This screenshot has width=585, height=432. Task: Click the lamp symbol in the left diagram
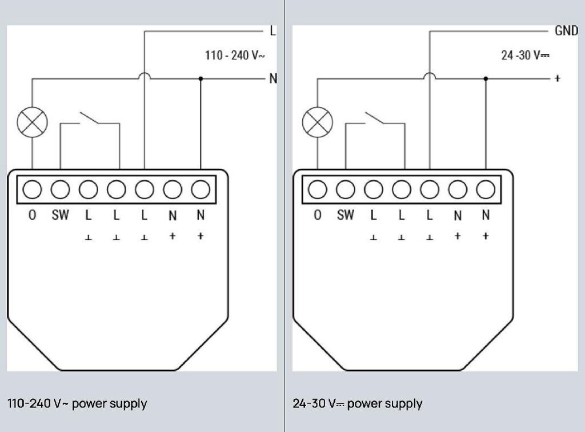coord(32,121)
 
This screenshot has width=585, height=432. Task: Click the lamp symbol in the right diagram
coord(317,121)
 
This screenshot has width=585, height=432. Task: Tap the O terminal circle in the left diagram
coord(32,189)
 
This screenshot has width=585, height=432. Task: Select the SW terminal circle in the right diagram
coord(345,189)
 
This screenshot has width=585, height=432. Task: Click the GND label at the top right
coord(566,31)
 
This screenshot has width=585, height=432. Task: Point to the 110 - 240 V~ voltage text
coord(235,56)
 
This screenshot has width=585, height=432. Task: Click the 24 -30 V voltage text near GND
coord(525,56)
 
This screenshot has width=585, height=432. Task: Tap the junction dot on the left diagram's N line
coord(201,78)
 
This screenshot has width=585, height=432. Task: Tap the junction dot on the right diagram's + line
coord(486,78)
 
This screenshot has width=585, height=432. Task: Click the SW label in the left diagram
coord(60,216)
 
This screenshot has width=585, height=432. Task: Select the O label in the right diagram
coord(317,216)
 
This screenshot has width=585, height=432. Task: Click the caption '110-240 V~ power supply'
coord(77,403)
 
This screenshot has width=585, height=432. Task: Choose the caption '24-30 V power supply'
coord(358,403)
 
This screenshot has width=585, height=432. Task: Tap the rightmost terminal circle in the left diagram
coord(201,189)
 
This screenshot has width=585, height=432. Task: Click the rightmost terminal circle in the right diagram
coord(486,189)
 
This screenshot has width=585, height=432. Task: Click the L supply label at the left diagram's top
coord(273,31)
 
